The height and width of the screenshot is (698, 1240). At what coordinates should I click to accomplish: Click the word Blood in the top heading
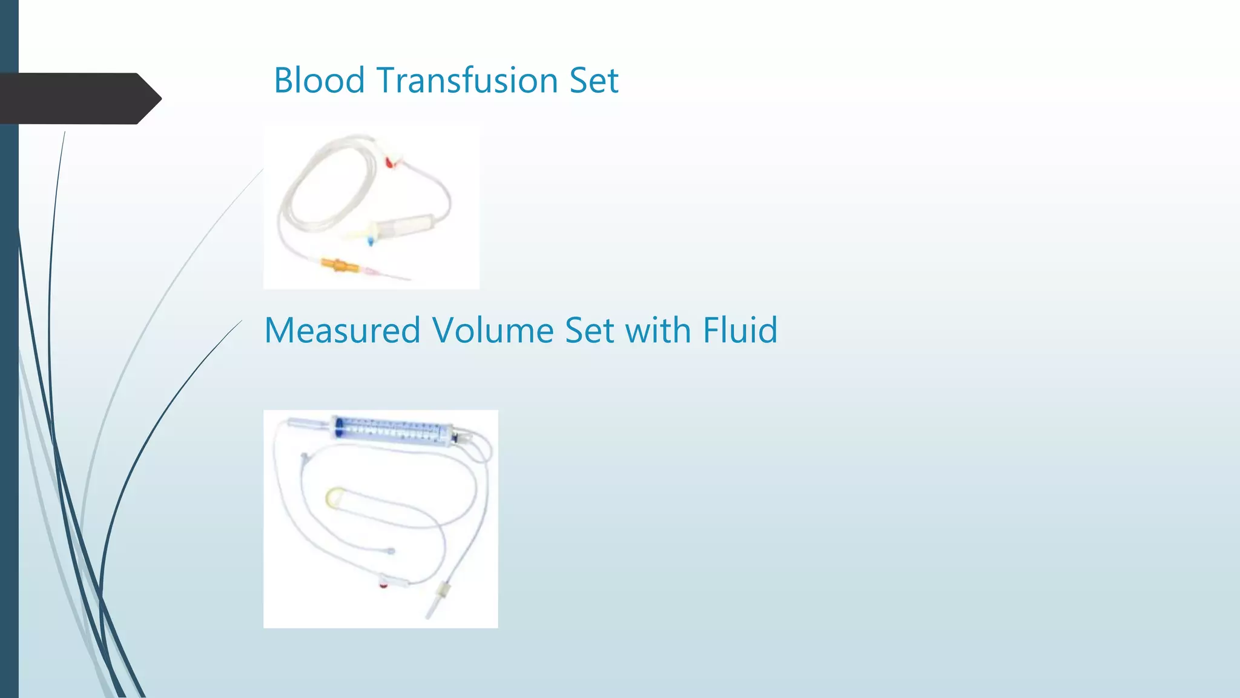pos(319,81)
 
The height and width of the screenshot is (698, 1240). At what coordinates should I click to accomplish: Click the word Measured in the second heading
pos(342,331)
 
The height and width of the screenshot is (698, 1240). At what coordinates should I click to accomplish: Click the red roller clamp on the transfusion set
pos(391,161)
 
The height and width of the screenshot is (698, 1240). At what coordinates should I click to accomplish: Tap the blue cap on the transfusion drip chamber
pos(370,242)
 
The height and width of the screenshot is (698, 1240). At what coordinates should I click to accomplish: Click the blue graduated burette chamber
pos(394,430)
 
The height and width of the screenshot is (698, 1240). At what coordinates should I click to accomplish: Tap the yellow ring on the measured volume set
pos(334,497)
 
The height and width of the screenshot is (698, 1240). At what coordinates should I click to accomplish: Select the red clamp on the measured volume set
pos(384,584)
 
